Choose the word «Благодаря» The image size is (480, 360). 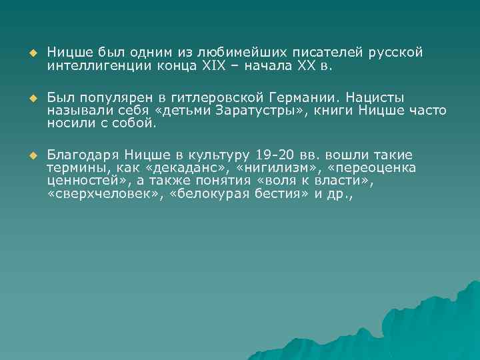[x=83, y=154]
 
